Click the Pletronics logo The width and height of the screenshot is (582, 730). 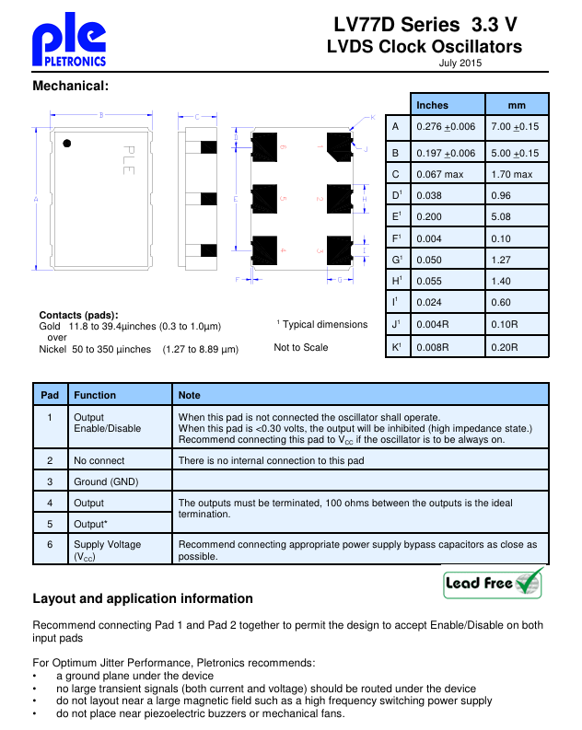[69, 44]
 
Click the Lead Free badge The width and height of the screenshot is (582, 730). [493, 583]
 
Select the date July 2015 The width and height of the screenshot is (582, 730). [460, 64]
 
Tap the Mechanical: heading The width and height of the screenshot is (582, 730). [71, 86]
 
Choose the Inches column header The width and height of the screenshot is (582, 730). [432, 105]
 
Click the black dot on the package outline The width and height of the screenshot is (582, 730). [66, 143]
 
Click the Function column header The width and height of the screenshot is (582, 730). [95, 395]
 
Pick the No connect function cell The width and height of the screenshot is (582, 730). [99, 460]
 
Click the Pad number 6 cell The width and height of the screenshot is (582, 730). [50, 545]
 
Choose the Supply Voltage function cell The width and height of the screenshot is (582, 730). [107, 550]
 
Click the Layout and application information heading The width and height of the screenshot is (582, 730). [142, 599]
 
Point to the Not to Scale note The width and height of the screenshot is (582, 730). [300, 347]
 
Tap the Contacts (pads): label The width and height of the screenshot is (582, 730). [78, 316]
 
